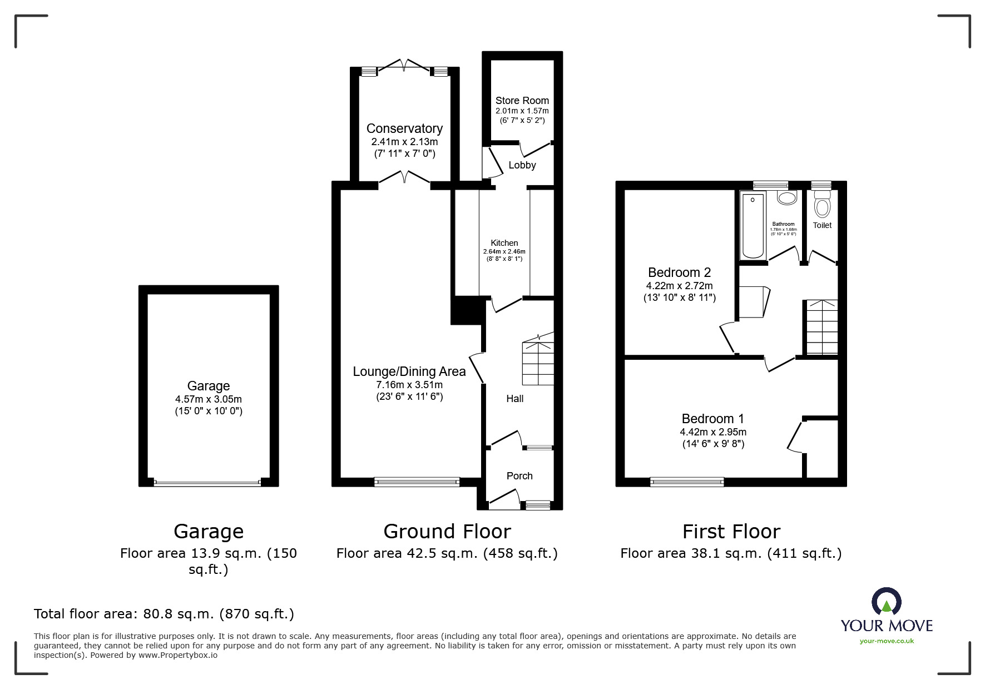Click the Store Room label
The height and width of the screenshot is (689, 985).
tap(522, 101)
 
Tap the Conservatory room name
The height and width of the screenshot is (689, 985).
tap(404, 128)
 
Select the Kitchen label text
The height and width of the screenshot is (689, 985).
tap(504, 243)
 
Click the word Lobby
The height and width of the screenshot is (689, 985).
tap(522, 165)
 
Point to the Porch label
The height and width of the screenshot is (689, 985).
tap(519, 476)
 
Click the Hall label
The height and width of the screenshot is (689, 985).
tap(514, 399)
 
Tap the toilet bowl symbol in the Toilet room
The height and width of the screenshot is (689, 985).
tap(821, 207)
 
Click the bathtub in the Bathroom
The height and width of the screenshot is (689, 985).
tap(753, 225)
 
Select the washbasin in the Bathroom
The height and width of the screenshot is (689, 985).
tap(786, 197)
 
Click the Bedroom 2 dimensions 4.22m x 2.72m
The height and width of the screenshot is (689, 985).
tap(679, 286)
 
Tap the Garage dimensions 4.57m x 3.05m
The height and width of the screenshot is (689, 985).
tap(208, 399)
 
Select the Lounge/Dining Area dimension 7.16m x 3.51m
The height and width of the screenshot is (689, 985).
tap(409, 385)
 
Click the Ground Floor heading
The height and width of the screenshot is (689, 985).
tap(447, 532)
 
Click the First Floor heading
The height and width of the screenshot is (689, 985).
tap(731, 532)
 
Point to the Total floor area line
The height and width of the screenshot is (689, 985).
tap(164, 614)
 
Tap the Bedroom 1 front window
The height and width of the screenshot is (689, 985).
tap(687, 482)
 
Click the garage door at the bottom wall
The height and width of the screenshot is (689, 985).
tap(207, 483)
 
